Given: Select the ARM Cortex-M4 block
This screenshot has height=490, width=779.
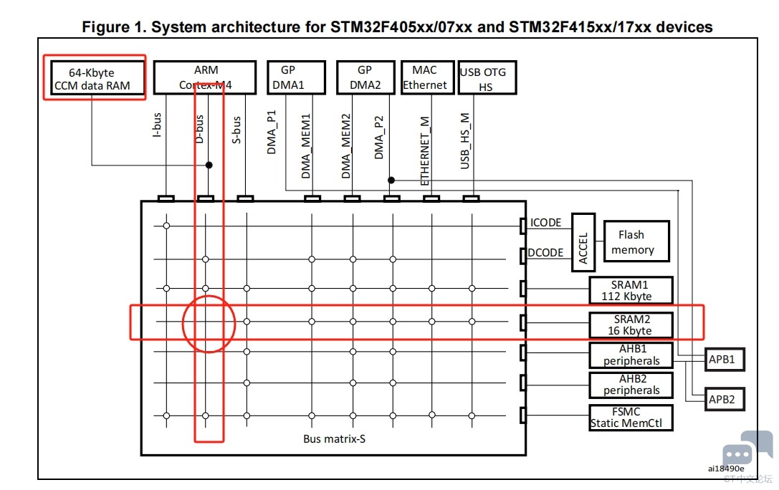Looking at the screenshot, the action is pyautogui.click(x=205, y=77).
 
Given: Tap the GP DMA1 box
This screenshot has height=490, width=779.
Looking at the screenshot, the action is pyautogui.click(x=296, y=77).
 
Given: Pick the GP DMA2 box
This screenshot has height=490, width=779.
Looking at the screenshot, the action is pyautogui.click(x=365, y=77).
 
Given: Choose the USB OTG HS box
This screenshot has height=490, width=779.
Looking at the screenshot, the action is pyautogui.click(x=487, y=77).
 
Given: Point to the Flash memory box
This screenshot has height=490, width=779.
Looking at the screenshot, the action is pyautogui.click(x=636, y=241).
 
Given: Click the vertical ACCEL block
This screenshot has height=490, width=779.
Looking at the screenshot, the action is pyautogui.click(x=583, y=243).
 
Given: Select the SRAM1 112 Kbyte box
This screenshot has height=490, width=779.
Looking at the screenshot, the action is pyautogui.click(x=631, y=290).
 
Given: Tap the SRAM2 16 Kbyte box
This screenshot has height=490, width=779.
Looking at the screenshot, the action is pyautogui.click(x=631, y=325).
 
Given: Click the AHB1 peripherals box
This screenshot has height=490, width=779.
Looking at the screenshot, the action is pyautogui.click(x=631, y=355).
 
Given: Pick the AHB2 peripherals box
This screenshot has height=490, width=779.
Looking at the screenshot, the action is pyautogui.click(x=631, y=385).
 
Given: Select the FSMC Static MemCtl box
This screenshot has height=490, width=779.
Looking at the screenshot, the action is pyautogui.click(x=631, y=418).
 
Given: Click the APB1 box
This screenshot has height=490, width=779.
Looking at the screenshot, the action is pyautogui.click(x=725, y=360).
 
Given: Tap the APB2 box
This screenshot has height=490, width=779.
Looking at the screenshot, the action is pyautogui.click(x=725, y=399).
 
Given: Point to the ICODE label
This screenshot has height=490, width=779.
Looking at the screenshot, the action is pyautogui.click(x=545, y=222).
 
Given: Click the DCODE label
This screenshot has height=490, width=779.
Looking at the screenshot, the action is pyautogui.click(x=545, y=253).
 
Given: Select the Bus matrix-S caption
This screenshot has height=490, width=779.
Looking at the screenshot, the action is pyautogui.click(x=335, y=439).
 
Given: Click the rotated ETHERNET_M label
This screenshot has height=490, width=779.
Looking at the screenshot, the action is pyautogui.click(x=424, y=151).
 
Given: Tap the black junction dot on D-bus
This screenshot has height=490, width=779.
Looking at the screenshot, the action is pyautogui.click(x=209, y=165).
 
